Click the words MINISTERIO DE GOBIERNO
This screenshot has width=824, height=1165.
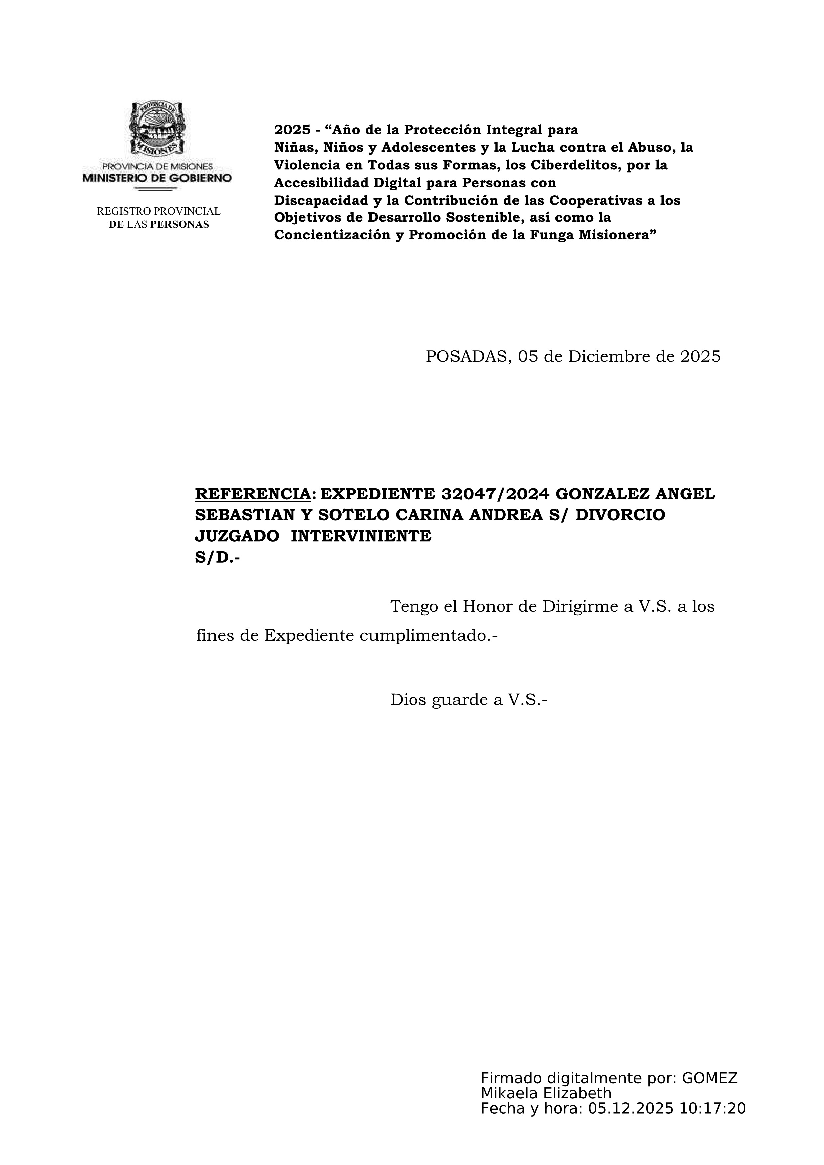click(157, 178)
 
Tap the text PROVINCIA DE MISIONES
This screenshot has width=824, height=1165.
click(157, 166)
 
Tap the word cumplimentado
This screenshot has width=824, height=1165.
click(428, 635)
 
